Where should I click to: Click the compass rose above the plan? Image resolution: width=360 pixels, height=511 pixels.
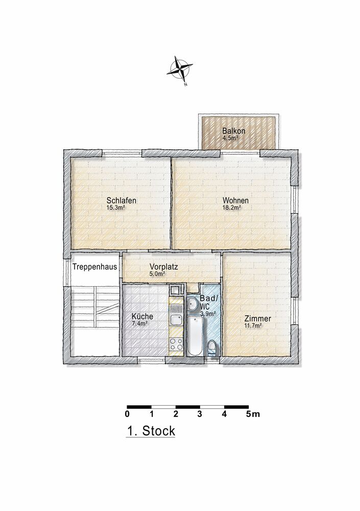tap(179, 69)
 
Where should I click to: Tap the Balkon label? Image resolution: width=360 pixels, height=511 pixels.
tap(233, 131)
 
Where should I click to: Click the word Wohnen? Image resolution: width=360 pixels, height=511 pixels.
tap(235, 200)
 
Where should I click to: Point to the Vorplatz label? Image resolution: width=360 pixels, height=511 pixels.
tap(163, 267)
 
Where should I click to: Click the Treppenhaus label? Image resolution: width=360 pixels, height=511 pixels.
tap(94, 267)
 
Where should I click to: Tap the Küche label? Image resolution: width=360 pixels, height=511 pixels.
tap(142, 316)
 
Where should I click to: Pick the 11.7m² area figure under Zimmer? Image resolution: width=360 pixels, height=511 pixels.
tap(253, 326)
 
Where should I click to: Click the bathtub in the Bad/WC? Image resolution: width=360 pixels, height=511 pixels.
tap(195, 336)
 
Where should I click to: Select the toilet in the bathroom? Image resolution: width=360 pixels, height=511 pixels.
tap(212, 347)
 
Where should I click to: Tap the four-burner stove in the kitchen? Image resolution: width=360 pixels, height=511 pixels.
tap(176, 343)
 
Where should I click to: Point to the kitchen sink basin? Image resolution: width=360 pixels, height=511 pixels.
tap(176, 319)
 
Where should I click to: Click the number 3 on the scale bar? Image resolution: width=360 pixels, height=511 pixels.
tap(199, 414)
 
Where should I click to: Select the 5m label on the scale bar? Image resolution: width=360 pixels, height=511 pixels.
tap(253, 414)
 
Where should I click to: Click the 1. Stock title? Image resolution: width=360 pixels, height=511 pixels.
tap(151, 431)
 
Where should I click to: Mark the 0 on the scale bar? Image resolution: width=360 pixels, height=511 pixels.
tap(127, 414)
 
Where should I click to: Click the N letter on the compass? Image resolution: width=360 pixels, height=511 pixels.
tap(185, 84)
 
